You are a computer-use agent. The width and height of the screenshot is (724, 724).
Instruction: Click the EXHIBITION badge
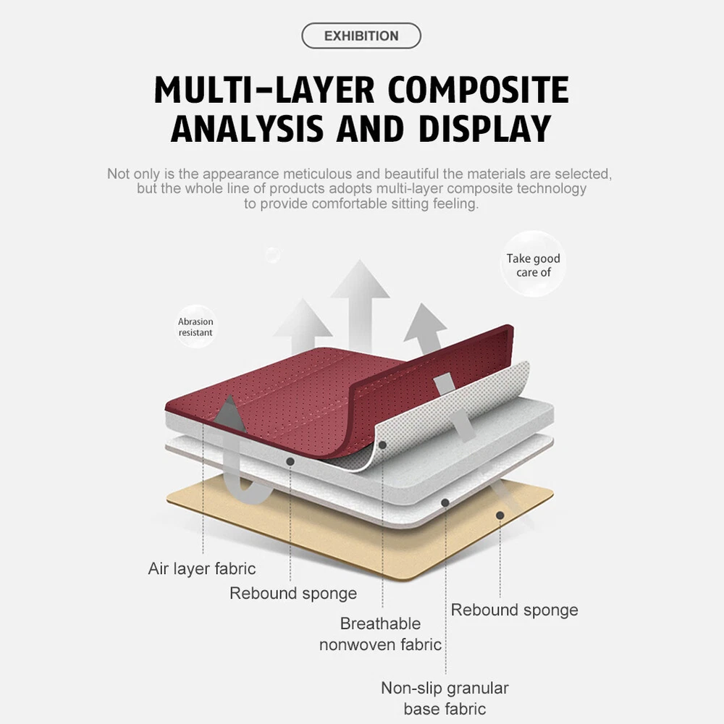pyautogui.click(x=361, y=35)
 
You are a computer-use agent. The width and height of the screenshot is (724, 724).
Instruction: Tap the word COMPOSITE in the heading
pyautogui.click(x=479, y=90)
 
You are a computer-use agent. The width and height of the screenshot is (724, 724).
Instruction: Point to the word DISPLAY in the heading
pyautogui.click(x=484, y=128)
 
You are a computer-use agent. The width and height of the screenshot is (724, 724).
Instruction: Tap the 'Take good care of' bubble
pyautogui.click(x=534, y=265)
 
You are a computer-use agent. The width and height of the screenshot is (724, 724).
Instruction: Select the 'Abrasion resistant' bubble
pyautogui.click(x=195, y=327)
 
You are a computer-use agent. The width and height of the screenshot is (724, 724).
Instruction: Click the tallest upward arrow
pyautogui.click(x=360, y=297)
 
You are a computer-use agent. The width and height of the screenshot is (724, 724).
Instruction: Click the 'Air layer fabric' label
pyautogui.click(x=201, y=568)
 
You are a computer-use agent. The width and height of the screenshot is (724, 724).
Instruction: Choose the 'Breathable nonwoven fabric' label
pyautogui.click(x=380, y=633)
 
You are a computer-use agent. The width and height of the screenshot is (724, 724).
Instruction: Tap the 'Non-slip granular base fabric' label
pyautogui.click(x=445, y=698)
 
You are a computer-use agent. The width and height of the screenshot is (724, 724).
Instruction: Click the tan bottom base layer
pyautogui.click(x=348, y=529)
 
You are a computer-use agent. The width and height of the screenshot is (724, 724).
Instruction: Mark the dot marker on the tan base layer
pyautogui.click(x=500, y=515)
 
